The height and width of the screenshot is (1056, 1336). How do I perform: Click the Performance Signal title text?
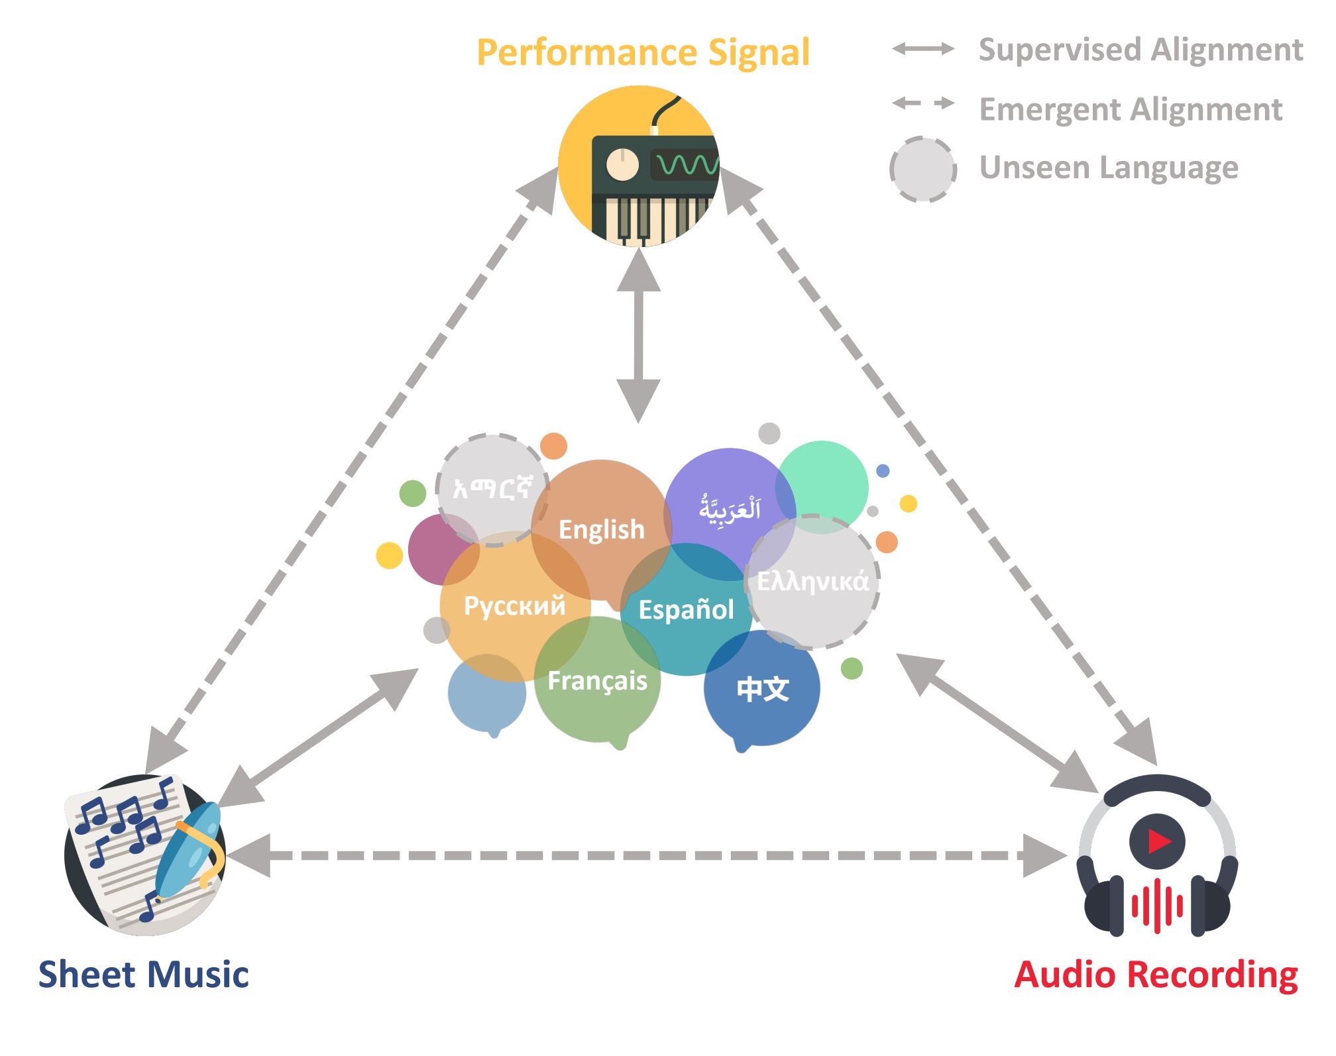click(643, 53)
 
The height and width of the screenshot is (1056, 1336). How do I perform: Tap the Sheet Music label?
click(144, 975)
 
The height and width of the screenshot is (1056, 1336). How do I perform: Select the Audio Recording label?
click(1156, 976)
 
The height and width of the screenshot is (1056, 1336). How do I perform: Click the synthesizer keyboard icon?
click(639, 166)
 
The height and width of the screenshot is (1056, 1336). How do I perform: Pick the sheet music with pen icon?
click(145, 855)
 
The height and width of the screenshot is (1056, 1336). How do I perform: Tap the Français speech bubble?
click(598, 682)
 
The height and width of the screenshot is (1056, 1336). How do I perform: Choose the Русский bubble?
click(515, 606)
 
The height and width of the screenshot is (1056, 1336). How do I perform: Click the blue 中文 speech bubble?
click(762, 690)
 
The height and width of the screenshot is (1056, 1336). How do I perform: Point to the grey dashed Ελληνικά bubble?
click(812, 582)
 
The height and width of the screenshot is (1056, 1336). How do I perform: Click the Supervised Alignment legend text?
click(1141, 50)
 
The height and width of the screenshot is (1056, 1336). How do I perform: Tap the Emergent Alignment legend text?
click(1131, 109)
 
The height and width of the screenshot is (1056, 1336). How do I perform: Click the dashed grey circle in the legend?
click(923, 169)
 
